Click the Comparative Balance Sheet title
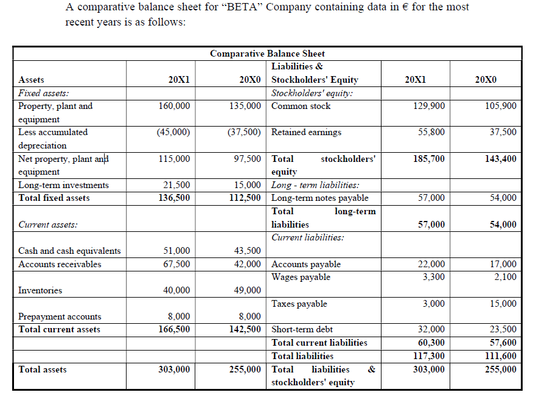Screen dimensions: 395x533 (267, 54)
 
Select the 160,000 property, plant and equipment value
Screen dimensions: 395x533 (174, 106)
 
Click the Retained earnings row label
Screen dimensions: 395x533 (306, 132)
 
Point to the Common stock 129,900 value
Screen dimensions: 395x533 (429, 106)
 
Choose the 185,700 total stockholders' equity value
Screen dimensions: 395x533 (429, 159)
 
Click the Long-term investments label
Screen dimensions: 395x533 (63, 185)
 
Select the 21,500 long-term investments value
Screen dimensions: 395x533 (177, 185)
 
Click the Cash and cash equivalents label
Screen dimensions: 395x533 (69, 251)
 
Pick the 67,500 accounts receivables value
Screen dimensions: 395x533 (177, 264)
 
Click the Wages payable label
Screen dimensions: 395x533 (301, 277)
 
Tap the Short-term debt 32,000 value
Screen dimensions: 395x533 (431, 329)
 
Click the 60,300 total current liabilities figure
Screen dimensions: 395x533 (431, 343)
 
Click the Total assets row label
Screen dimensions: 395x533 (43, 369)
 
